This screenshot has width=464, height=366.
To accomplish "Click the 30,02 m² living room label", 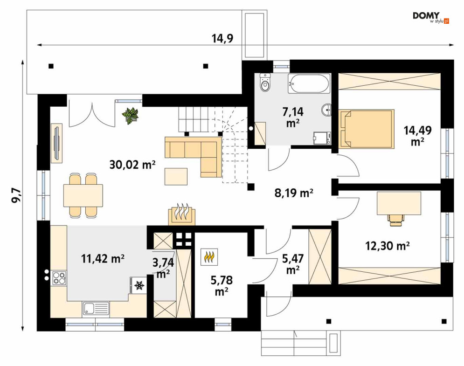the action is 132,164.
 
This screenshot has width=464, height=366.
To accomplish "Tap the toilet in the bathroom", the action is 265,83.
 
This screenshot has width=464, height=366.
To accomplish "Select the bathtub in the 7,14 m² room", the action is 308,83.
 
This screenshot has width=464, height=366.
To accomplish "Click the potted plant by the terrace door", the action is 131,115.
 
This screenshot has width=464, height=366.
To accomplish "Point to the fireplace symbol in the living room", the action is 182,214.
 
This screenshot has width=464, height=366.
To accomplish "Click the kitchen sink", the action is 96,309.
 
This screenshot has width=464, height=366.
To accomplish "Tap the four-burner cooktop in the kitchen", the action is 59,278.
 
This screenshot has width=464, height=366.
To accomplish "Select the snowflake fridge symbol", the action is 139,285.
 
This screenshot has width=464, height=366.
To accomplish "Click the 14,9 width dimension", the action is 222,38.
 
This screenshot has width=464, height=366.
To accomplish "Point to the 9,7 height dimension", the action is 16,195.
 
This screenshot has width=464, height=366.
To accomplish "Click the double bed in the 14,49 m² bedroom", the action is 367,128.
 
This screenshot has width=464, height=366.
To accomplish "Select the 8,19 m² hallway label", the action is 294,193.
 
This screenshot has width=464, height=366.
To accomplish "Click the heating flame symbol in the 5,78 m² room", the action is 209,256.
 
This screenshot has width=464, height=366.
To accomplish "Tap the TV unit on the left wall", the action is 56,143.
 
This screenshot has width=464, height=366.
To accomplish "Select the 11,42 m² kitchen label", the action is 103,259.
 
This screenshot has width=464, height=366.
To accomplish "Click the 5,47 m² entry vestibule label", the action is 292,263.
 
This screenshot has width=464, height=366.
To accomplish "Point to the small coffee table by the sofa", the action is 176,177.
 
